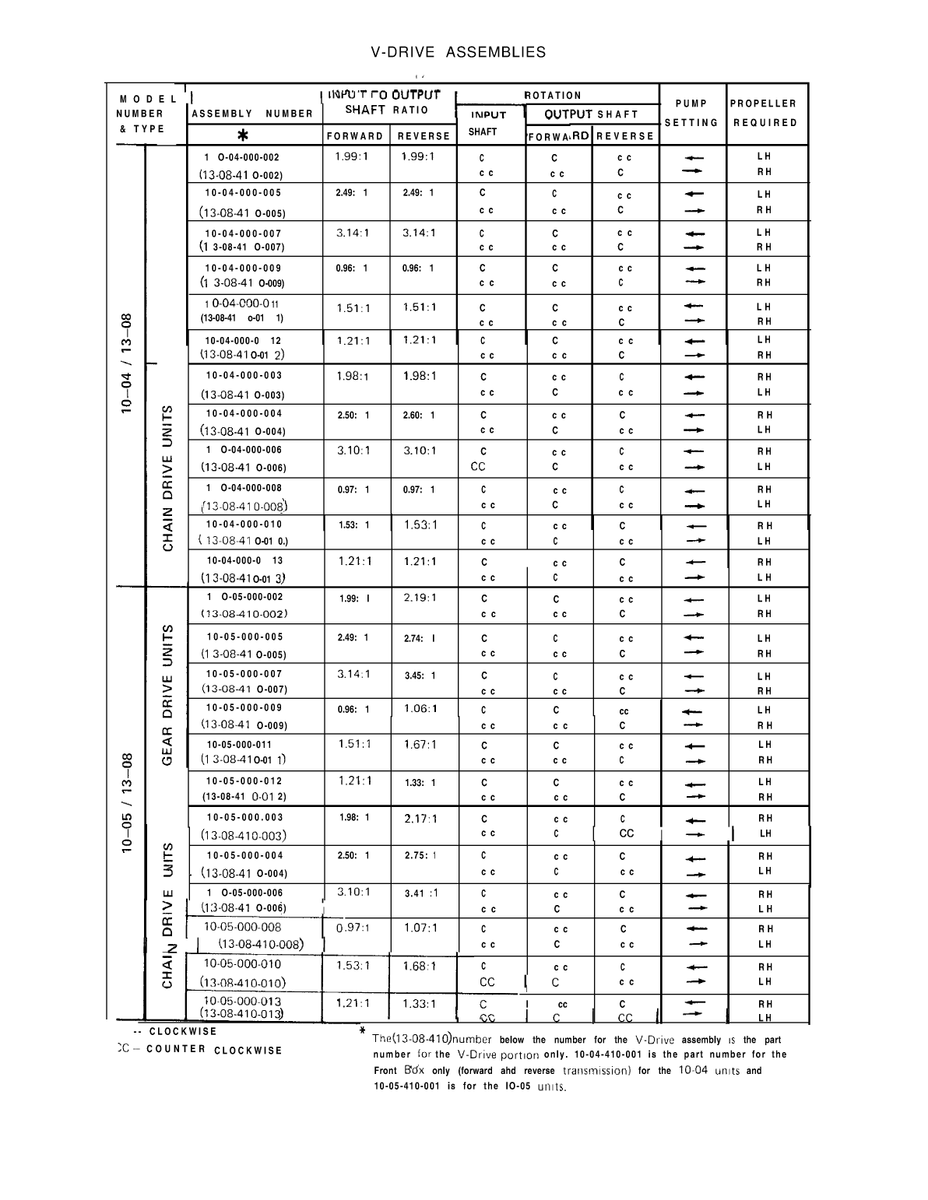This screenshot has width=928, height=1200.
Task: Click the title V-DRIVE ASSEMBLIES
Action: click(458, 52)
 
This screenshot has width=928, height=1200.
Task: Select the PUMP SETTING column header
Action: click(691, 113)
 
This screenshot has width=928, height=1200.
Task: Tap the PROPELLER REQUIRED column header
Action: click(764, 113)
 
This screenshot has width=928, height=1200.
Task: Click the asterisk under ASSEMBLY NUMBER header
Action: click(243, 135)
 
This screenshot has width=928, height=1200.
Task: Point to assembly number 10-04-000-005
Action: click(243, 193)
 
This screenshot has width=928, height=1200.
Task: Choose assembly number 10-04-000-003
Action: click(244, 375)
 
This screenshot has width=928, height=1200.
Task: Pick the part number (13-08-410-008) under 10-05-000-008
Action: click(260, 944)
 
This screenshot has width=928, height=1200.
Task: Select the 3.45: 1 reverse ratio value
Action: click(420, 675)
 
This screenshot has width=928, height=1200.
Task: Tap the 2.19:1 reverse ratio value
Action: click(420, 598)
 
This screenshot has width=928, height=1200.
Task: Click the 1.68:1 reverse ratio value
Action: click(420, 966)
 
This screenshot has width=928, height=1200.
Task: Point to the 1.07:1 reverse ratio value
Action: click(420, 928)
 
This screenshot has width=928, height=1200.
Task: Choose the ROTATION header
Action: click(553, 95)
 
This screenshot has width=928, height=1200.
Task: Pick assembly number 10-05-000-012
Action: click(244, 781)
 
